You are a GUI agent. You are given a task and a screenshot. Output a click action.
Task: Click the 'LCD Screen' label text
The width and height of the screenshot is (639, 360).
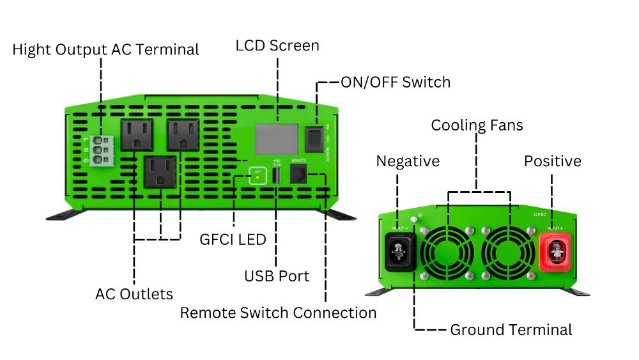pos(277,46)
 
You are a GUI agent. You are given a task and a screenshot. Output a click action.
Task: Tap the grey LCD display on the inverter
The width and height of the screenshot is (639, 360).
pos(276,138)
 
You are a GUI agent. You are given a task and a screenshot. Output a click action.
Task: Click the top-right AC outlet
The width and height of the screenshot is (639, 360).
pos(183,135)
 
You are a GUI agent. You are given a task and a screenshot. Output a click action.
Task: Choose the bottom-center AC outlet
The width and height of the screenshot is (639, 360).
pos(160,171)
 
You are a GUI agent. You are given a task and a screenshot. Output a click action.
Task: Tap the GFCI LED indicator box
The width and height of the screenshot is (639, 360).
pos(258,176)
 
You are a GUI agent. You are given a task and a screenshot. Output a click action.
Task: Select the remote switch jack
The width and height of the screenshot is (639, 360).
pos(298,175)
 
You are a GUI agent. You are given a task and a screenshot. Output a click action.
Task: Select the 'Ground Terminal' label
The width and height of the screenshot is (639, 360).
pos(511,330)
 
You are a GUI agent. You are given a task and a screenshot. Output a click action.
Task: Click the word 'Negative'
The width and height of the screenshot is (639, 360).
pos(408,161)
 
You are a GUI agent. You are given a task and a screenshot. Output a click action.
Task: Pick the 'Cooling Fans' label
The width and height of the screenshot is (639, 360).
pos(477,125)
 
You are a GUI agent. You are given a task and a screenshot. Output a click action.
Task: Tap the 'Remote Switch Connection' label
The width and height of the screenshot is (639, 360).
pos(278,313)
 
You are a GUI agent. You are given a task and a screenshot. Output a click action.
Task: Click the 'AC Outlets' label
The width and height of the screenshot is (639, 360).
pos(134,294)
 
